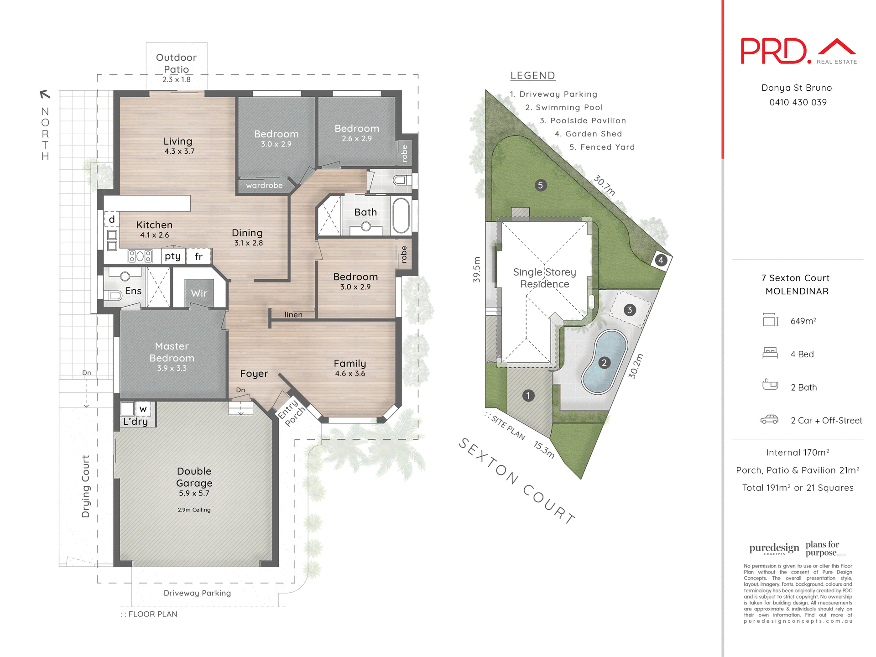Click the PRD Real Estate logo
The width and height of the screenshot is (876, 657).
click(x=798, y=51)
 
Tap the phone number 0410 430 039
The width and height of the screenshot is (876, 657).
click(x=798, y=102)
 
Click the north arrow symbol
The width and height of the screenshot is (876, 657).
click(x=45, y=94)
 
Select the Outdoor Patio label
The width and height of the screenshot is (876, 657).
click(x=177, y=63)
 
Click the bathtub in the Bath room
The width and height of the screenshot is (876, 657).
click(x=401, y=215)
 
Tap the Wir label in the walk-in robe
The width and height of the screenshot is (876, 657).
click(x=199, y=293)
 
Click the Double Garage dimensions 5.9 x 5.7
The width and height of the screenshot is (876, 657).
click(x=194, y=493)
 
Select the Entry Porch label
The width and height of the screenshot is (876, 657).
click(x=292, y=412)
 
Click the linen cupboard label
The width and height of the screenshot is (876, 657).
click(x=293, y=315)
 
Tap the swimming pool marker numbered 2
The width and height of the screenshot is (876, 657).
click(x=604, y=363)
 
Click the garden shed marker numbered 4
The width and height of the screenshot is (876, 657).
click(x=661, y=261)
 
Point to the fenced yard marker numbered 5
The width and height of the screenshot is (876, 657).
click(x=540, y=185)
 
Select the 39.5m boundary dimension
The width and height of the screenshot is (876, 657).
click(x=477, y=270)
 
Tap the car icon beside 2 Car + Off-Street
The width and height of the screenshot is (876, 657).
click(x=770, y=419)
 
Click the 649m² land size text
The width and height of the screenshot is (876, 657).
click(x=803, y=321)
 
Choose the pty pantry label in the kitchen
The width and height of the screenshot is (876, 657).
click(x=172, y=256)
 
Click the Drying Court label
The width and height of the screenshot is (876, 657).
click(x=85, y=486)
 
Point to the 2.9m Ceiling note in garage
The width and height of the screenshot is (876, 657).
click(x=194, y=510)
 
